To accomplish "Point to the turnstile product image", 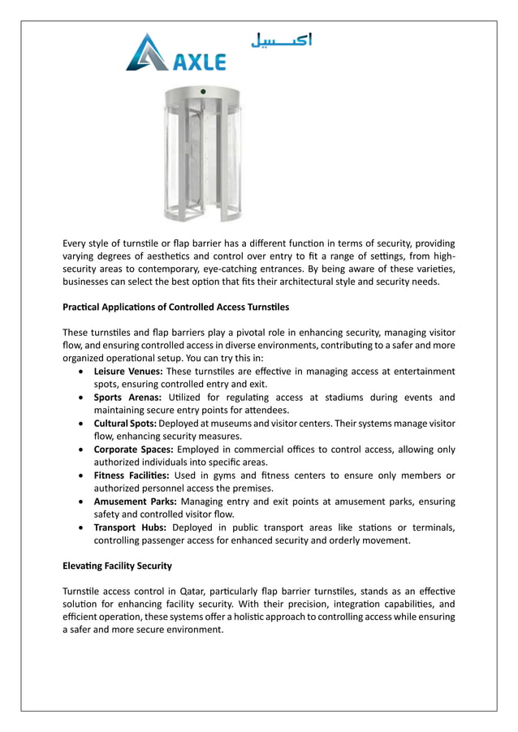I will (202, 153).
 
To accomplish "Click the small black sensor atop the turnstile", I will (203, 90).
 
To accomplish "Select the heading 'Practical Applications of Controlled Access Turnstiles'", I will (175, 308).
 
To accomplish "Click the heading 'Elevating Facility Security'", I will (117, 565).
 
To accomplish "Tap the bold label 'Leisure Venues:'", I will (128, 371).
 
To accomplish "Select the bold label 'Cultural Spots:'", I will (125, 424).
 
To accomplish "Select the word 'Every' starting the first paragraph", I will (76, 243).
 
